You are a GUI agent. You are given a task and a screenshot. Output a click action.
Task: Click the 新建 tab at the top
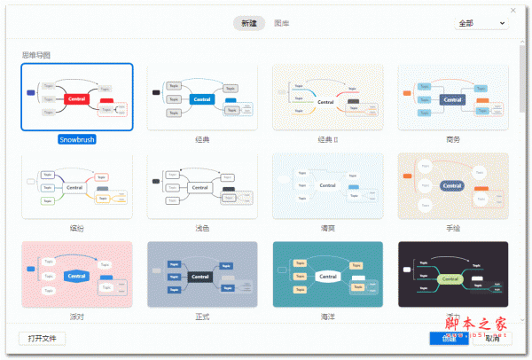pos(248,23)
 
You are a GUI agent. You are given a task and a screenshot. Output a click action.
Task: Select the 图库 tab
pos(282,23)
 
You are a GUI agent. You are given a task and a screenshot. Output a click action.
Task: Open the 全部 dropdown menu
pos(481,23)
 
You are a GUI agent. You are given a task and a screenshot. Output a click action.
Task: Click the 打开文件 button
pos(42,338)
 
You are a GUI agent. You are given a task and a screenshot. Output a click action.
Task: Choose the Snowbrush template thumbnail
pos(77,98)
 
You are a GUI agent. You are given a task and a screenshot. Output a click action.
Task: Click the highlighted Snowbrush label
pos(77,139)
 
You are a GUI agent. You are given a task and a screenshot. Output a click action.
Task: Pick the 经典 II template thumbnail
pos(328,98)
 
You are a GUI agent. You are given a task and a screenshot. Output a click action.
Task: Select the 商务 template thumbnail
pos(453,98)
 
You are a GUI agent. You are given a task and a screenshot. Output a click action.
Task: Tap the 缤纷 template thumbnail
pos(77,186)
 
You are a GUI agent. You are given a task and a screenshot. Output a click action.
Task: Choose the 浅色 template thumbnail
pos(202,186)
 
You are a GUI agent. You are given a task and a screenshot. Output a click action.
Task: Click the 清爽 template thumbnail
pos(328,186)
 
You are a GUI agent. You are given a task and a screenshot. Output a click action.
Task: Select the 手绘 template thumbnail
pos(453,186)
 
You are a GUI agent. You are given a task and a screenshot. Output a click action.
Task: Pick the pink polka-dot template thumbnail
pos(77,275)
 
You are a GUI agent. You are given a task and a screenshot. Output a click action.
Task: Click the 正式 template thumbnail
pos(202,275)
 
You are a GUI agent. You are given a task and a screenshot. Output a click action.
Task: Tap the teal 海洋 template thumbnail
pos(328,275)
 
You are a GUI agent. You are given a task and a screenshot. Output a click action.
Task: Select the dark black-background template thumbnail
pos(453,275)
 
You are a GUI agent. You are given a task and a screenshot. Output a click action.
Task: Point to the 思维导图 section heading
pos(36,55)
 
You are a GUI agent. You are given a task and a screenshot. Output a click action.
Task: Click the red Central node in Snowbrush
pos(77,98)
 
